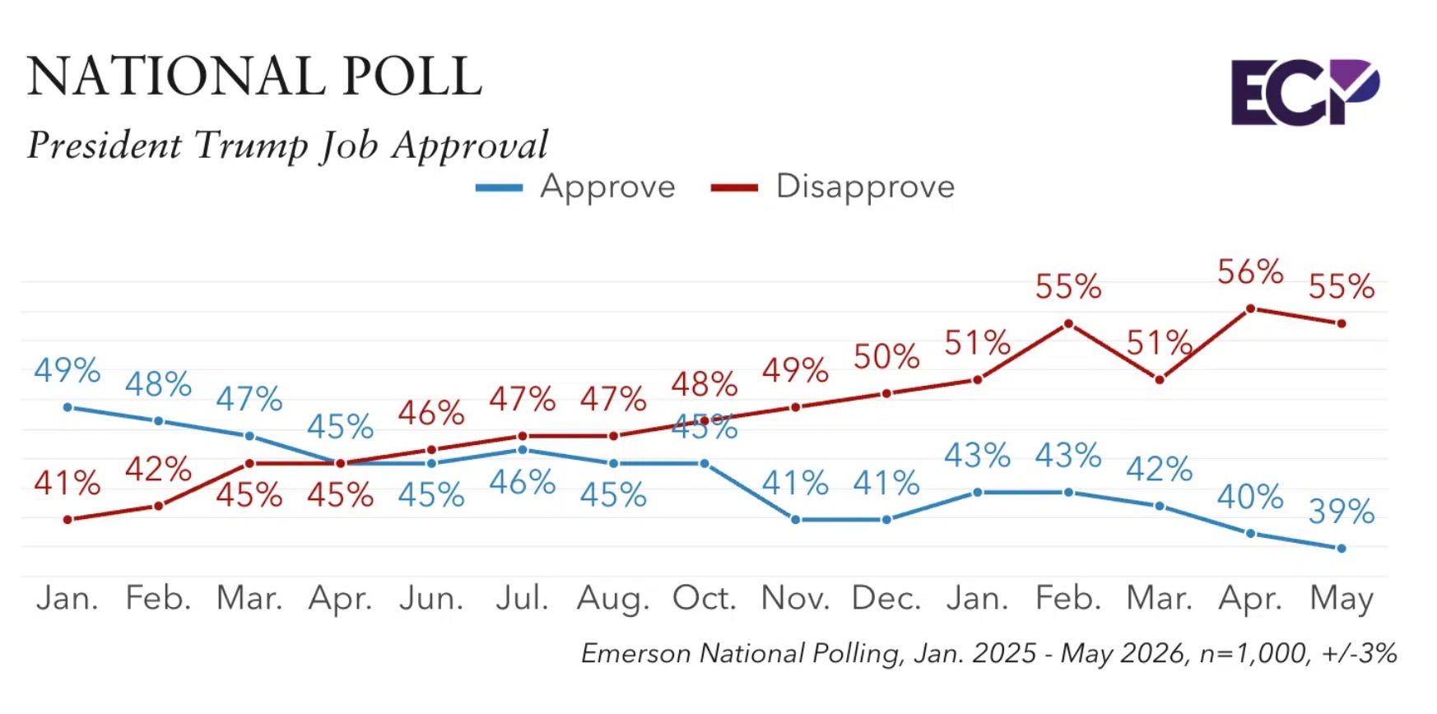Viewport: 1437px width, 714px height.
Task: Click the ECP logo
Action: [1304, 91]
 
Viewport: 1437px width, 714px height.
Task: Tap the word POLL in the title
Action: [412, 76]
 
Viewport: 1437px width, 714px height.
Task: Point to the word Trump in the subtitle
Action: [250, 146]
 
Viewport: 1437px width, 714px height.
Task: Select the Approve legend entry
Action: [575, 187]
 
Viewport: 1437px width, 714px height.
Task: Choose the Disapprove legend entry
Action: [833, 187]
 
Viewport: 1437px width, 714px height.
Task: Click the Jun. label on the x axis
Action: [431, 598]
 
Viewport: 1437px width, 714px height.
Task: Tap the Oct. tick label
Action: [704, 598]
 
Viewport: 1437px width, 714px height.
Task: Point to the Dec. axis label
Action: [886, 598]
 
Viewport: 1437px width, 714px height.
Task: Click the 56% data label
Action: [1250, 271]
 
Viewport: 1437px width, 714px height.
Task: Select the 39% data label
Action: [1342, 512]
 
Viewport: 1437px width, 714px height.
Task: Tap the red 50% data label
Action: [886, 357]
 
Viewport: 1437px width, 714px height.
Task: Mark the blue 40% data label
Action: [1250, 497]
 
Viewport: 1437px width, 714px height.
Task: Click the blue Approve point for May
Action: [1342, 548]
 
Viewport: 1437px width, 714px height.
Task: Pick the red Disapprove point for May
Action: [1342, 323]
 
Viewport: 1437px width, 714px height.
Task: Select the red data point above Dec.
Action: [886, 393]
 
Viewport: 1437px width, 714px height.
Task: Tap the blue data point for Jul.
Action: [522, 450]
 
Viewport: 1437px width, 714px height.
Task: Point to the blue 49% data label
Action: [67, 370]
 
